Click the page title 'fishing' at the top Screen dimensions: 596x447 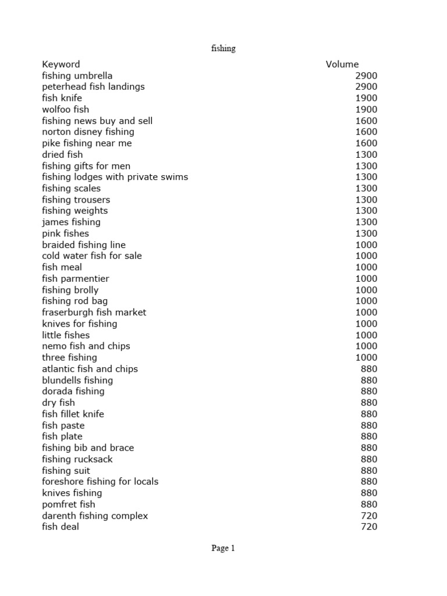pyautogui.click(x=223, y=49)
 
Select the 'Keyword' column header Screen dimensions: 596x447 pyautogui.click(x=61, y=64)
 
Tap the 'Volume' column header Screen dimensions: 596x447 pyautogui.click(x=342, y=64)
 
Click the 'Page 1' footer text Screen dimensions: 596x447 pyautogui.click(x=223, y=548)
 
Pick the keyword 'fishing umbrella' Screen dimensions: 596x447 pyautogui.click(x=77, y=76)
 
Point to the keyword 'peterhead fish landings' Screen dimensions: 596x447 pyautogui.click(x=93, y=87)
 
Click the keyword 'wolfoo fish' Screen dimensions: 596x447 pyautogui.click(x=65, y=109)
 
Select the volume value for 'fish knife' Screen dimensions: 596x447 pyautogui.click(x=366, y=98)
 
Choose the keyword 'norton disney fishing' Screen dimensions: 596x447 pyautogui.click(x=88, y=132)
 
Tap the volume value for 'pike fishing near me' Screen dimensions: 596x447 pyautogui.click(x=366, y=143)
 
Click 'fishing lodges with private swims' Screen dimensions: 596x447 pyautogui.click(x=115, y=177)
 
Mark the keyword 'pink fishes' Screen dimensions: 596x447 pyautogui.click(x=65, y=233)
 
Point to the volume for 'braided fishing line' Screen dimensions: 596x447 pyautogui.click(x=366, y=245)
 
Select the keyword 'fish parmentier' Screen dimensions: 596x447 pyautogui.click(x=75, y=279)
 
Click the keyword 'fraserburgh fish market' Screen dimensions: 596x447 pyautogui.click(x=94, y=313)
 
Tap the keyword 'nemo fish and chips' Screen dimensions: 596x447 pyautogui.click(x=86, y=346)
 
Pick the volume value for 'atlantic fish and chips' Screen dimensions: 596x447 pyautogui.click(x=369, y=369)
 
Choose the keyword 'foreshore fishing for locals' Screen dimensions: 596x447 pyautogui.click(x=100, y=482)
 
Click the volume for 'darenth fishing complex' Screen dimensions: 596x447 pyautogui.click(x=369, y=516)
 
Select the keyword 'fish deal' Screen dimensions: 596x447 pyautogui.click(x=60, y=527)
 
